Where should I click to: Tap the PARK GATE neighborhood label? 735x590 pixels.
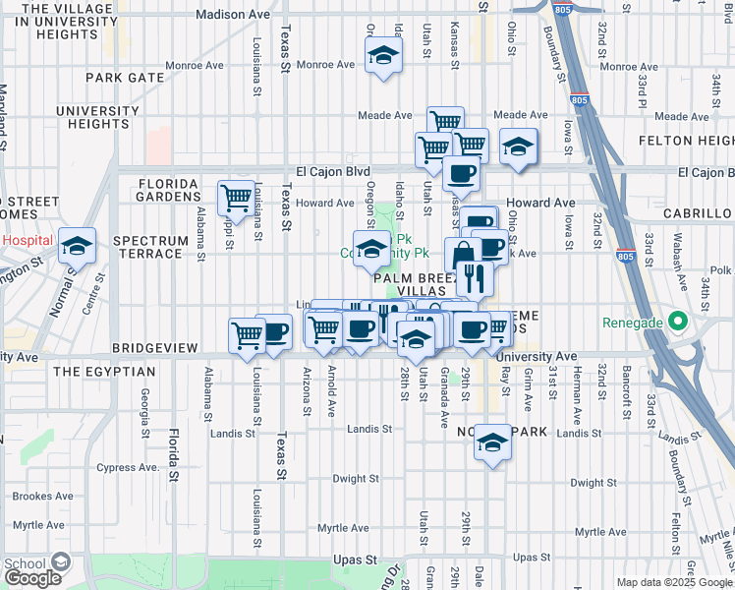pyautogui.click(x=124, y=77)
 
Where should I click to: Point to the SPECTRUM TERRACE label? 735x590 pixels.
pyautogui.click(x=150, y=248)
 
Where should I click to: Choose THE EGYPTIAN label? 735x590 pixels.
pyautogui.click(x=104, y=372)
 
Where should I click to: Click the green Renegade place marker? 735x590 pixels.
pyautogui.click(x=677, y=322)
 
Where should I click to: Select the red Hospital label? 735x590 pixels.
pyautogui.click(x=27, y=240)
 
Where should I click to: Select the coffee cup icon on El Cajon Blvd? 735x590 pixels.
pyautogui.click(x=460, y=174)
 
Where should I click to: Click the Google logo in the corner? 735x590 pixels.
pyautogui.click(x=32, y=577)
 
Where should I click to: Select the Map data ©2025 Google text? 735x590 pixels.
pyautogui.click(x=673, y=582)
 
